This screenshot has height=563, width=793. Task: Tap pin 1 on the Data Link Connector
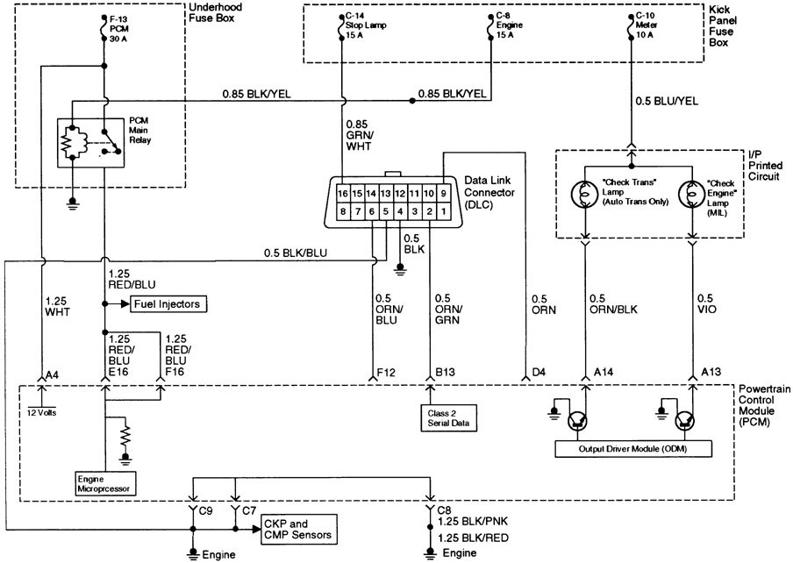click(x=445, y=211)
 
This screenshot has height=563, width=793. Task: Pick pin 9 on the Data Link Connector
click(x=445, y=193)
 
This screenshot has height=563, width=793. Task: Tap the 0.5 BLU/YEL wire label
click(x=668, y=101)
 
